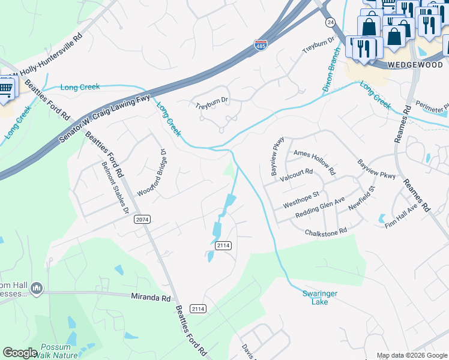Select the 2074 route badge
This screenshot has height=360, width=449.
[142, 220]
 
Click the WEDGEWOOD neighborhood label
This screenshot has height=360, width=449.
[415, 64]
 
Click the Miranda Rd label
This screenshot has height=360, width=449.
[151, 296]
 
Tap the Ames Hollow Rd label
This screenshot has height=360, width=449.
[316, 154]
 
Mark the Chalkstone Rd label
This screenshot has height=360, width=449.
[326, 231]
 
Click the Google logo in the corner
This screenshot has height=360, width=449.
[20, 353]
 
